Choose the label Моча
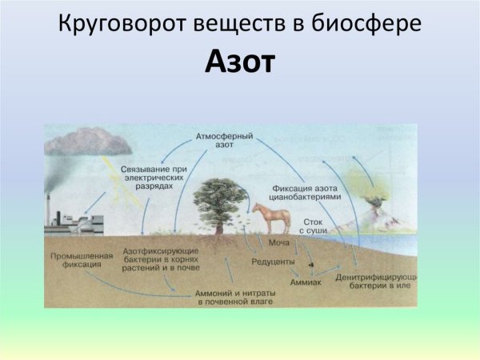tap(278, 242)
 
